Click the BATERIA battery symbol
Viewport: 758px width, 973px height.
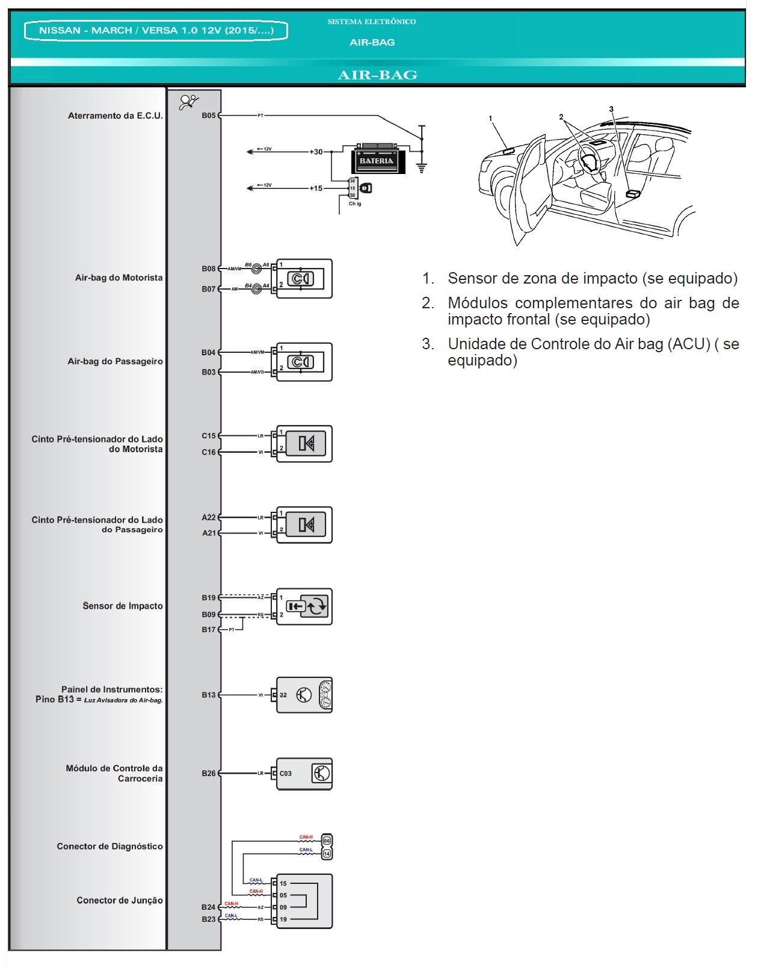click(377, 159)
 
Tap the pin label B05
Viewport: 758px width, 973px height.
click(208, 115)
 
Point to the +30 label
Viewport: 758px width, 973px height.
click(316, 152)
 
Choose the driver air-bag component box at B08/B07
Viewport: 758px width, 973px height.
click(304, 279)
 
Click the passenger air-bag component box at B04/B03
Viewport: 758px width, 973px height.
click(304, 362)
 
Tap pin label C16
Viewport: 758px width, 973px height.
click(208, 452)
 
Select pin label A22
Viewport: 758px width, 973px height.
click(208, 517)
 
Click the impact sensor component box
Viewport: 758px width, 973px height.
click(304, 606)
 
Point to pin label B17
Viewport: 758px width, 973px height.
click(208, 630)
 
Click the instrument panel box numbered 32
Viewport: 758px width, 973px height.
click(304, 695)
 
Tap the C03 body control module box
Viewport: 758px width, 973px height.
click(304, 774)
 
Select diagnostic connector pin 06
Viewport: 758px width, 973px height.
click(327, 841)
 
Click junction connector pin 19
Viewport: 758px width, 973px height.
click(283, 919)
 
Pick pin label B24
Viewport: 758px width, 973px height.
click(208, 907)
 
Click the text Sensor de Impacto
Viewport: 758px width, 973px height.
click(123, 606)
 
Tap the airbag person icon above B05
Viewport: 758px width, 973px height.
click(189, 102)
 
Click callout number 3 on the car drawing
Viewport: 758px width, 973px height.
click(611, 110)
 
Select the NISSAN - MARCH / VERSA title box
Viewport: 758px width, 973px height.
click(156, 31)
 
